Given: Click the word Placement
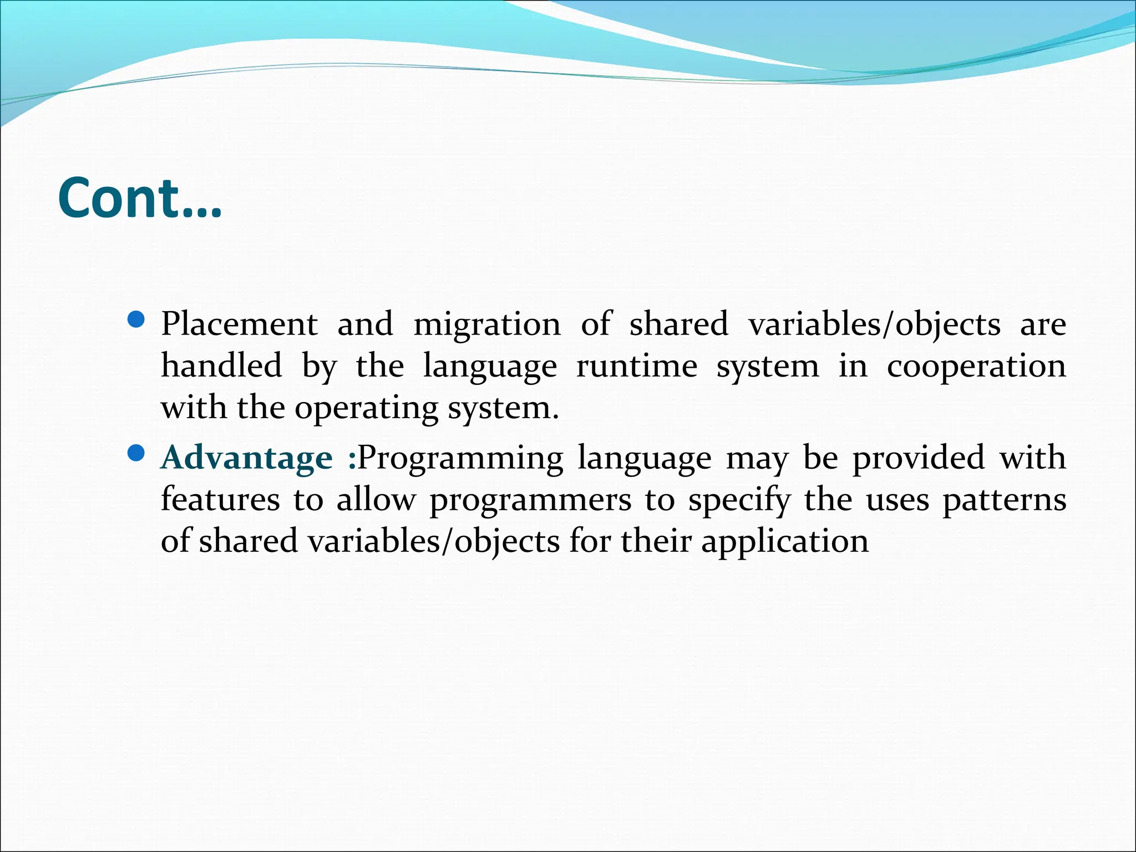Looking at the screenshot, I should tap(239, 324).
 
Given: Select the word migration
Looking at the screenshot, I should tap(487, 324).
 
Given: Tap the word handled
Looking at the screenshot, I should tap(221, 366).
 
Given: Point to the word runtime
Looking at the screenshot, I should tap(637, 366).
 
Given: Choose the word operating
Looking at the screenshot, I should tap(366, 409).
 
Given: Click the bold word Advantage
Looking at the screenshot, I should tap(246, 458).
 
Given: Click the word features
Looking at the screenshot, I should tap(220, 499).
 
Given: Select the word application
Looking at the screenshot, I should tap(785, 542).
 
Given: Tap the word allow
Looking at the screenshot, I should tap(376, 499).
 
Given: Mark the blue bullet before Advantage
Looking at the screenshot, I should tap(136, 454).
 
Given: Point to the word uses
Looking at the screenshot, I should tap(897, 500).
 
